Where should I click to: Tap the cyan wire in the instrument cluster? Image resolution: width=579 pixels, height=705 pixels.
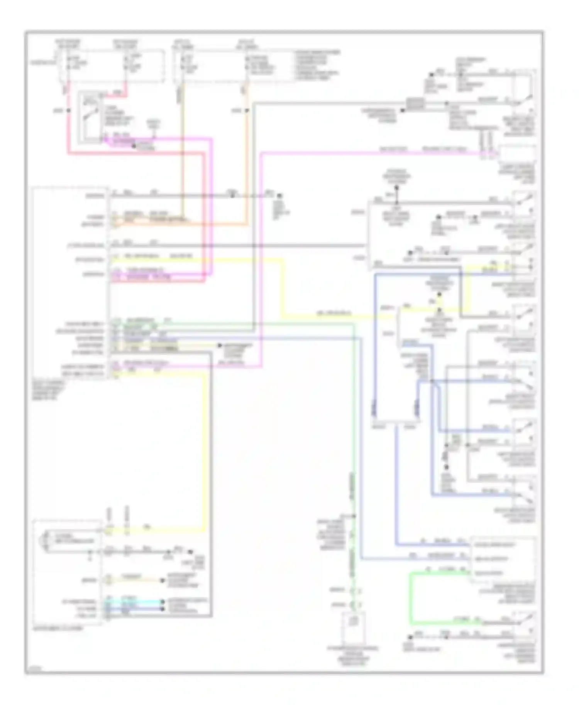click(135, 602)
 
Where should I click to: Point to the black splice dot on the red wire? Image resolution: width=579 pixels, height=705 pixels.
click(69, 111)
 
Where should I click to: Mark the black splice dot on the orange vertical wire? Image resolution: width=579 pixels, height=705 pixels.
click(247, 111)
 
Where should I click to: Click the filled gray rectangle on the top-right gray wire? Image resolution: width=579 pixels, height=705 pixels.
click(415, 103)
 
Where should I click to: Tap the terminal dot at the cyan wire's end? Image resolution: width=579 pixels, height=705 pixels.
click(163, 602)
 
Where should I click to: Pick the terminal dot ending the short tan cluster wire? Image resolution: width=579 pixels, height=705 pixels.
click(162, 580)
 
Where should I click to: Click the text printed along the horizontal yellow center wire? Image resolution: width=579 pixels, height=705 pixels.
click(334, 313)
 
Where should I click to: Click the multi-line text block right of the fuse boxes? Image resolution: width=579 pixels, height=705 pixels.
click(318, 65)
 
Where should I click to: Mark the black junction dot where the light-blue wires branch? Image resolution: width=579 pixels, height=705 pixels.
click(432, 381)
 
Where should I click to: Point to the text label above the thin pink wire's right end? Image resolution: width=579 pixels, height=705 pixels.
click(444, 149)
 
